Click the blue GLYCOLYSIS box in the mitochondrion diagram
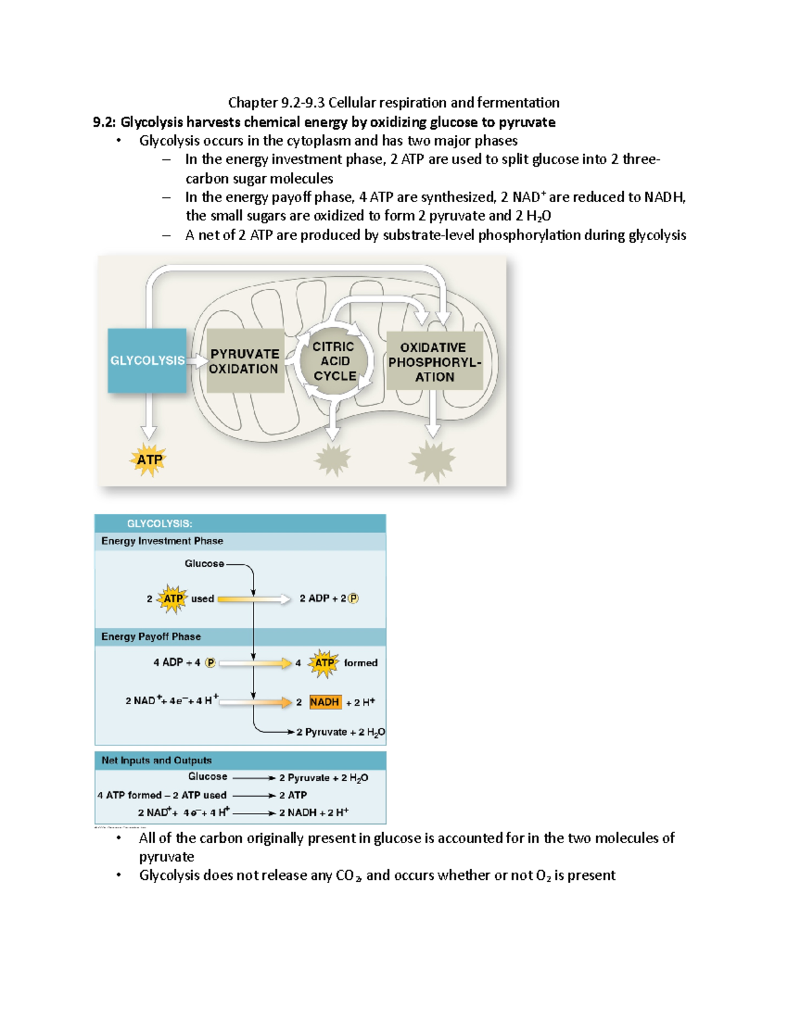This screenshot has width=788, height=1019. (x=146, y=360)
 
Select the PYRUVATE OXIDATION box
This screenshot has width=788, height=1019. (x=244, y=361)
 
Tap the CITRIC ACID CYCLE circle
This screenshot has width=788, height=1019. (x=334, y=361)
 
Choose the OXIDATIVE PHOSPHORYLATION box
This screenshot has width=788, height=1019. (x=434, y=362)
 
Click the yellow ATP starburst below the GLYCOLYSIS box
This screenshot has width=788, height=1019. (x=149, y=459)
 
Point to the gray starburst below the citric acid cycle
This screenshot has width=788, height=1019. (x=333, y=459)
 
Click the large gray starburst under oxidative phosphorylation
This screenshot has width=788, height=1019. (x=432, y=461)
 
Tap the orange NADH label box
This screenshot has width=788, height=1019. (x=324, y=702)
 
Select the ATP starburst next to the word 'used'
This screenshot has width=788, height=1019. (x=173, y=598)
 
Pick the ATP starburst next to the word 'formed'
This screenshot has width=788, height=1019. (x=324, y=663)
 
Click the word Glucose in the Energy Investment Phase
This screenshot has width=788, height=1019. (x=204, y=564)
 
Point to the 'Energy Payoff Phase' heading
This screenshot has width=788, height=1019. (x=151, y=636)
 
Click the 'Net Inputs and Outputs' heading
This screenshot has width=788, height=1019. (x=156, y=760)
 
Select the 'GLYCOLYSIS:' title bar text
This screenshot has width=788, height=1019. (x=160, y=524)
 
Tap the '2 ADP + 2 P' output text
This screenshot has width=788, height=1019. (x=328, y=598)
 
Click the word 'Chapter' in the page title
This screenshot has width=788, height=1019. (x=253, y=102)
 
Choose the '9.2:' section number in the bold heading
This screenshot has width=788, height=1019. (x=104, y=122)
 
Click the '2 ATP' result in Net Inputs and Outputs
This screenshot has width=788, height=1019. (x=293, y=795)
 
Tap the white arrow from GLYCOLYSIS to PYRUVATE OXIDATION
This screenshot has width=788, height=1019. (x=196, y=361)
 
